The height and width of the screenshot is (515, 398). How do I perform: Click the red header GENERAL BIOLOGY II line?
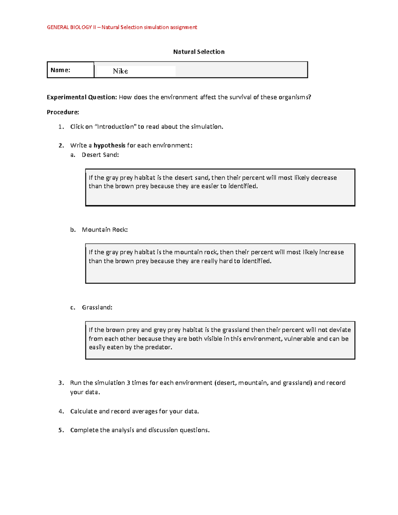pos(122,27)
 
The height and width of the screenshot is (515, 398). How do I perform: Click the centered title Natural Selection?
pos(199,52)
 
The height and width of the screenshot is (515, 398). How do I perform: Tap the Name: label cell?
pos(60,70)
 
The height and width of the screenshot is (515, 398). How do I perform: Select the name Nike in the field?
pos(120,71)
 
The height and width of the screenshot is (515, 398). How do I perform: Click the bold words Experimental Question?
pos(82,97)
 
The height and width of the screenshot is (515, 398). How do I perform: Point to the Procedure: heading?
pos(63,112)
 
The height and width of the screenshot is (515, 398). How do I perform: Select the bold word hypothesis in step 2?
pos(109,145)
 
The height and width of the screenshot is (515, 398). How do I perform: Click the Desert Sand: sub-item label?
pos(100,155)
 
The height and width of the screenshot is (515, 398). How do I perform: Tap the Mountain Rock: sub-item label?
pos(104,229)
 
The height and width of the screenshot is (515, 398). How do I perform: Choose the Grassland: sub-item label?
pos(97,307)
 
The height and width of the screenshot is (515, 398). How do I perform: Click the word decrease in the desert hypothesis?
pos(324,178)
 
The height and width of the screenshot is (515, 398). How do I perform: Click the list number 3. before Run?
pos(61,383)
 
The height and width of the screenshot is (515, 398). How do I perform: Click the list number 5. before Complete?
pos(61,430)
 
